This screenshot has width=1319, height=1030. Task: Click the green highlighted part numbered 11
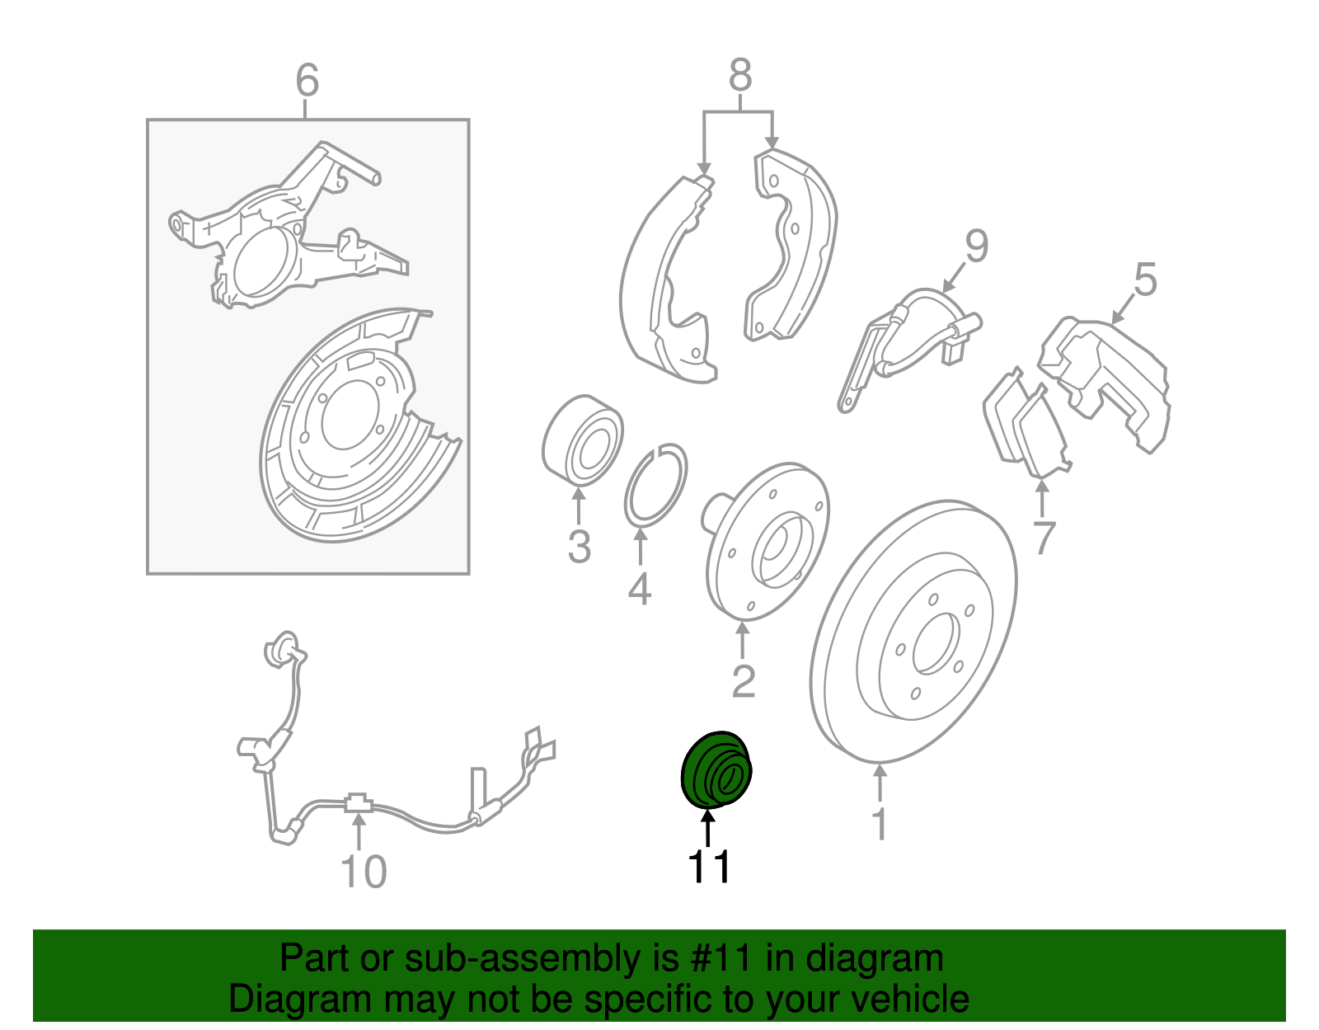(715, 770)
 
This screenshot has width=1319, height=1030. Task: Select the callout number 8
(740, 75)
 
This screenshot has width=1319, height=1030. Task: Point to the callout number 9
(977, 246)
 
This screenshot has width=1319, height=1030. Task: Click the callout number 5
(1145, 280)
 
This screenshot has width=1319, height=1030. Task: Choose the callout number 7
(1043, 537)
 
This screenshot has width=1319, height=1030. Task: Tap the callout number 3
(579, 546)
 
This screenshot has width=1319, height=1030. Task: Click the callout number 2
(744, 681)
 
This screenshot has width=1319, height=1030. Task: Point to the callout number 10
(364, 872)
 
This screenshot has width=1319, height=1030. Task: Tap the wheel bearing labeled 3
(581, 440)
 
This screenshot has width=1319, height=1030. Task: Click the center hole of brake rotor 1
(936, 643)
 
